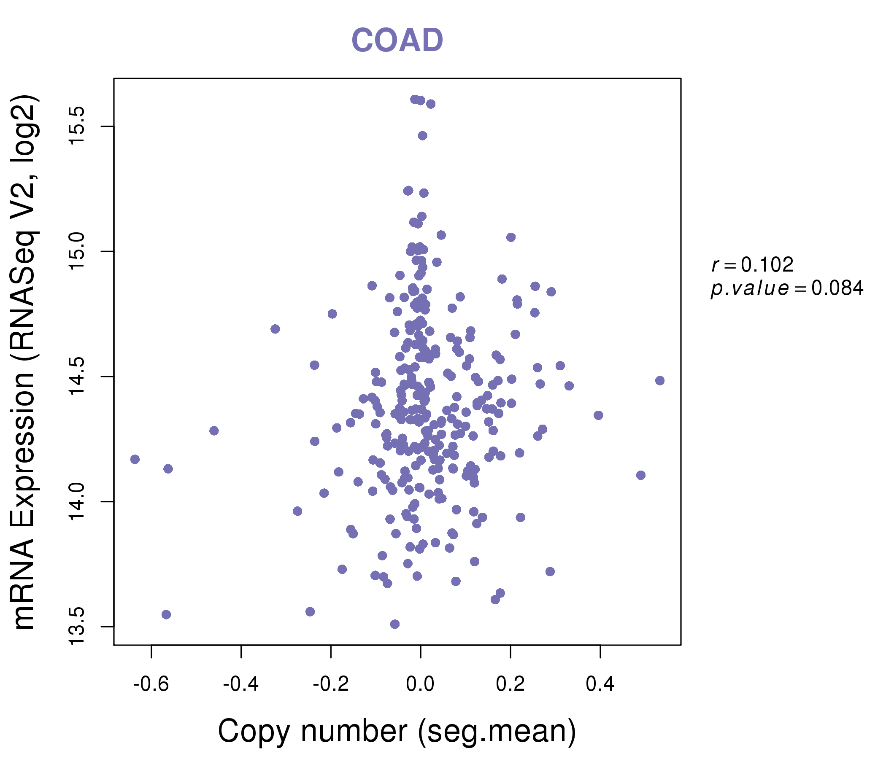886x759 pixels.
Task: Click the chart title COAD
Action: coord(397,40)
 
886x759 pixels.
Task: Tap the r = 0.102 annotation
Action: coord(752,265)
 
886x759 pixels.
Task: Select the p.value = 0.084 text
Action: coord(787,288)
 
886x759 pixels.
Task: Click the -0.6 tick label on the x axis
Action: coord(151,684)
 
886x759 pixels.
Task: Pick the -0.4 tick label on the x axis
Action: coord(241,684)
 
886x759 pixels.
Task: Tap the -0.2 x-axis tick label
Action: coord(330,684)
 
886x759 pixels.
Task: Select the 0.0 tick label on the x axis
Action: coord(420,684)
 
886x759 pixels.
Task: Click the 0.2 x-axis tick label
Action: coord(510,684)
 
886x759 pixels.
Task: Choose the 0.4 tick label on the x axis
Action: coord(600,684)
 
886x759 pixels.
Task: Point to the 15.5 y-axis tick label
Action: coord(78,126)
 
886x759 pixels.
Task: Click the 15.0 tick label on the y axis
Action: coord(78,251)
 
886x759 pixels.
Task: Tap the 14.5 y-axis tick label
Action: coord(78,377)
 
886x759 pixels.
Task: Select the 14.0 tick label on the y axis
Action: coord(78,501)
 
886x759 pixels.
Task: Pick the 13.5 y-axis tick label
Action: coord(78,627)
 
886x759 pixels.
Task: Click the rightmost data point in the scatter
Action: coord(660,380)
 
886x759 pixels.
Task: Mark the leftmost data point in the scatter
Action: coord(135,459)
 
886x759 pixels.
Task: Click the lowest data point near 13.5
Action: coord(394,624)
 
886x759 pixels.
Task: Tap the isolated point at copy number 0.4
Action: coord(598,415)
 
